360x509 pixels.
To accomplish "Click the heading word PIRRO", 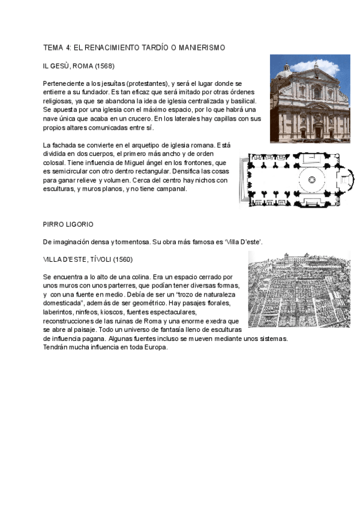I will point(54,224).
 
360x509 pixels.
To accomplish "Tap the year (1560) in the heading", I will point(119,259).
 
